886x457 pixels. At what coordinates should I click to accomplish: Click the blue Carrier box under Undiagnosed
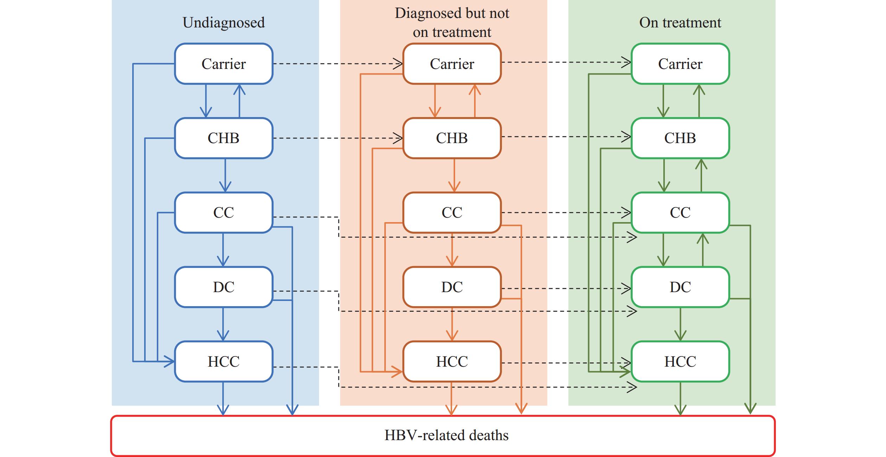[x=224, y=64]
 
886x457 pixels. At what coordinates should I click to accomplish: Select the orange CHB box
[x=452, y=138]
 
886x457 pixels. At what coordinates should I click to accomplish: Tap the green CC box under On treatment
[x=680, y=212]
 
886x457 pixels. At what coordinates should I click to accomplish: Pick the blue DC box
[x=224, y=287]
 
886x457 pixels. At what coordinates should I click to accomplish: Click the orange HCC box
[x=452, y=361]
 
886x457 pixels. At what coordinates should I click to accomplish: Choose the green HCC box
[x=680, y=361]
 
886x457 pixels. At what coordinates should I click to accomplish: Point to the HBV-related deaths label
[x=446, y=435]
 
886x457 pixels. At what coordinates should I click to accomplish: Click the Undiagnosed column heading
[x=224, y=22]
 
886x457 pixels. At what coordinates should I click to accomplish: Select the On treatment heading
[x=680, y=22]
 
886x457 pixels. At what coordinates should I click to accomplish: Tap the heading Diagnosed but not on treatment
[x=452, y=22]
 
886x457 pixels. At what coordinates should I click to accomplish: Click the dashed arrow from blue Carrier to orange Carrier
[x=338, y=64]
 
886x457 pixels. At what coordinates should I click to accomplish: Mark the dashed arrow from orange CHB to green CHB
[x=566, y=136]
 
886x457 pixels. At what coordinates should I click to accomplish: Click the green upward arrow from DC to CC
[x=703, y=250]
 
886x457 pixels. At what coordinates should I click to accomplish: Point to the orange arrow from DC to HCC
[x=452, y=324]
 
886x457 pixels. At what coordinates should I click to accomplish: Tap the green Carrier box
[x=680, y=64]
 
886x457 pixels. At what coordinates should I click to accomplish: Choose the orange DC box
[x=452, y=287]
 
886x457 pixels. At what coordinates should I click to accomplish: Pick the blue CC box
[x=224, y=212]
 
